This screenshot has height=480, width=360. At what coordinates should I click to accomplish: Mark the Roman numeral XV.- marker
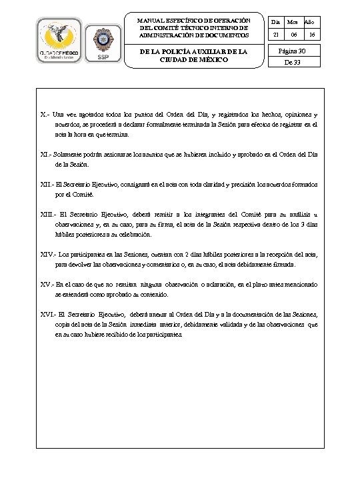click(47, 284)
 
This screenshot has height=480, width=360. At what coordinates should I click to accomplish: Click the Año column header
click(311, 21)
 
